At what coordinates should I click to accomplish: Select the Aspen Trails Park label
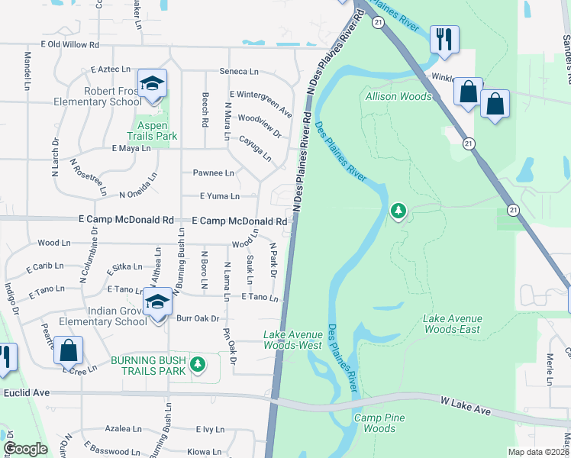tap(156, 130)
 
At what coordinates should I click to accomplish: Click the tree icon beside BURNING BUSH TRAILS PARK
tap(198, 364)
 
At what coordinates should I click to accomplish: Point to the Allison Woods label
tap(398, 96)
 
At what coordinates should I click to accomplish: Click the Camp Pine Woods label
tap(379, 423)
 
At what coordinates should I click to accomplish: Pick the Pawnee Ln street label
tap(213, 173)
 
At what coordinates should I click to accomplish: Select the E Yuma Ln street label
tap(219, 196)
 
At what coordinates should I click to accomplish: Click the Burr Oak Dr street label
tap(198, 318)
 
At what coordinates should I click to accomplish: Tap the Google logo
tap(25, 450)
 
